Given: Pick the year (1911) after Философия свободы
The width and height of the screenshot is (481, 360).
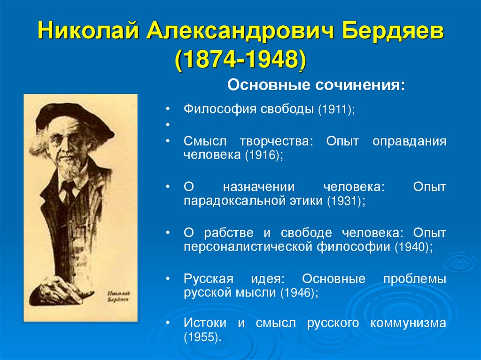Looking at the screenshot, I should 335,110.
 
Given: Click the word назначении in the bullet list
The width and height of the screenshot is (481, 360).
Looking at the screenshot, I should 258,187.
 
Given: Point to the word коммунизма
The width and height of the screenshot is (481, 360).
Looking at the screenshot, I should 408,323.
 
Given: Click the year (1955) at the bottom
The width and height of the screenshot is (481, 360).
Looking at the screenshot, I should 201,337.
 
